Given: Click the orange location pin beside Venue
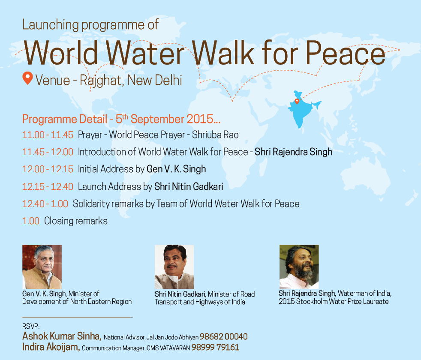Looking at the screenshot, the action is tap(27, 78).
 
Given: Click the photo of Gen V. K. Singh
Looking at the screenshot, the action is tap(42, 267).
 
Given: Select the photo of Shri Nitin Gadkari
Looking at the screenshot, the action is tap(174, 267).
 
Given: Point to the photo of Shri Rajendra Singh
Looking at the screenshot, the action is tap(299, 267).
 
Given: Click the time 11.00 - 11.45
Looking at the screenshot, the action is tap(48, 135).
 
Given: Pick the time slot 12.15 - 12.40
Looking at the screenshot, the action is tap(48, 186).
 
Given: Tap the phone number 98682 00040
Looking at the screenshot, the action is tap(223, 337).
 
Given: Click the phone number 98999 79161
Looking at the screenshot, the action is tap(215, 348).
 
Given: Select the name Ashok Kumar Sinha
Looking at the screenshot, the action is tap(62, 336).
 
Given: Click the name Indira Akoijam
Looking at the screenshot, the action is tap(51, 347).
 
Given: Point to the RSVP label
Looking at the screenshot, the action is tap(31, 326).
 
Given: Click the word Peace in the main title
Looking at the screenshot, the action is tap(346, 53).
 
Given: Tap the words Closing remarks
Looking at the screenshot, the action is tap(76, 221).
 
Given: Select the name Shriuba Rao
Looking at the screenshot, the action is tap(215, 135).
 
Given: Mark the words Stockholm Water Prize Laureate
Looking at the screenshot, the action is tap(343, 301).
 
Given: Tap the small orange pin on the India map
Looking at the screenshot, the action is tap(297, 101).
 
